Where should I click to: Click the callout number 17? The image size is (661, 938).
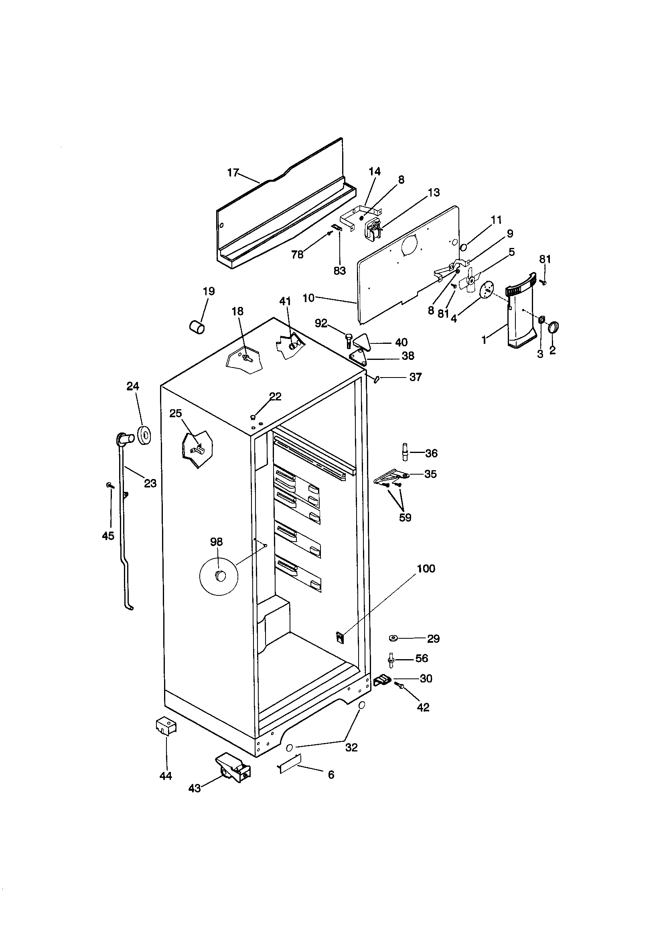pos(233,173)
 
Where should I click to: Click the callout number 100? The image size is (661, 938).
pos(426,568)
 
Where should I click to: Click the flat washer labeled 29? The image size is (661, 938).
pos(394,638)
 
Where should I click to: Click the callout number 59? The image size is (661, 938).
pos(405,518)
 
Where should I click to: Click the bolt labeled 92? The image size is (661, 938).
pos(349,339)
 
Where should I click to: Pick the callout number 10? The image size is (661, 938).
pos(308,298)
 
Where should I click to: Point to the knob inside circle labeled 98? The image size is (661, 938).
pos(220,576)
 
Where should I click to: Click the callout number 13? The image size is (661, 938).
pos(434,193)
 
